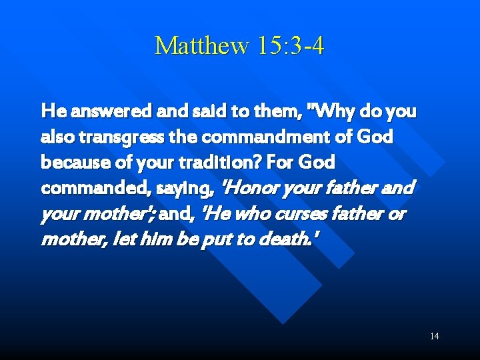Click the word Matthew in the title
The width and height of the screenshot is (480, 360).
pyautogui.click(x=199, y=45)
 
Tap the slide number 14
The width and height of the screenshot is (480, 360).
pyautogui.click(x=434, y=336)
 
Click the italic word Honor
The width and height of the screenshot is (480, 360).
pyautogui.click(x=252, y=189)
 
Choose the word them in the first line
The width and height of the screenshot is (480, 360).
pyautogui.click(x=265, y=111)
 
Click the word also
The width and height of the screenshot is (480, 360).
pyautogui.click(x=57, y=137)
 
